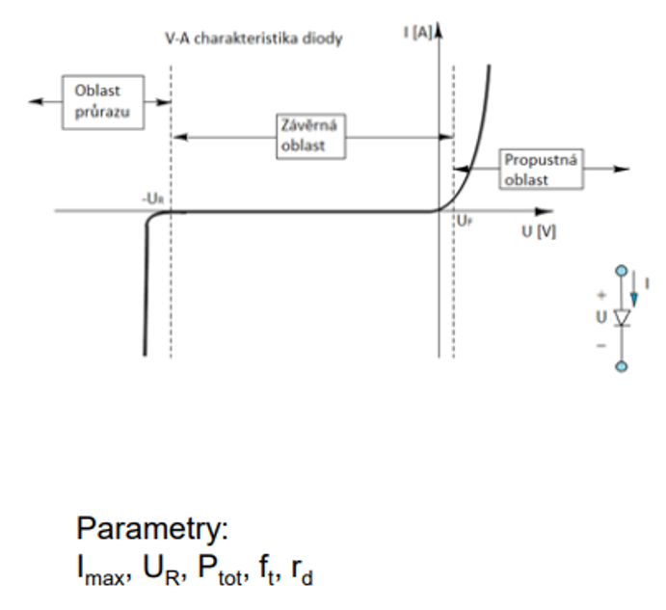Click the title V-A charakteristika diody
coord(253,39)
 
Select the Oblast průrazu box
coord(103,102)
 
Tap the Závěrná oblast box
coord(311,136)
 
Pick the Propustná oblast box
coord(541,169)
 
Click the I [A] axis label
coord(417,33)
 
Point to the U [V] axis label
coord(539,232)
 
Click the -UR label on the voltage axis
coord(152,199)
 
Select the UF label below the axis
coord(465,221)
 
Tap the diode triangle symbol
coord(622,318)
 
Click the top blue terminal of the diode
coord(622,271)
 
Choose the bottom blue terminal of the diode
coord(622,366)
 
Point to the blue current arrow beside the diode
coord(634,289)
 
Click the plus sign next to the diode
coord(601,294)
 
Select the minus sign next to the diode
coord(601,345)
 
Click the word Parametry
coord(152,528)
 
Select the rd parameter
coord(302,570)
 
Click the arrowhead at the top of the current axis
coord(440,30)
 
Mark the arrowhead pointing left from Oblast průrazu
coord(36,101)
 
